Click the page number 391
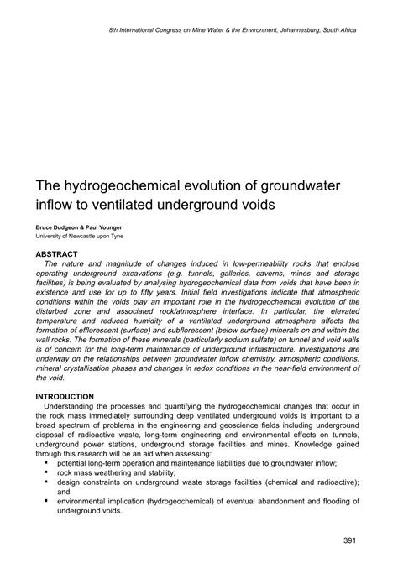pyautogui.click(x=353, y=539)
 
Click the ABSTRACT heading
pyautogui.click(x=55, y=253)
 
